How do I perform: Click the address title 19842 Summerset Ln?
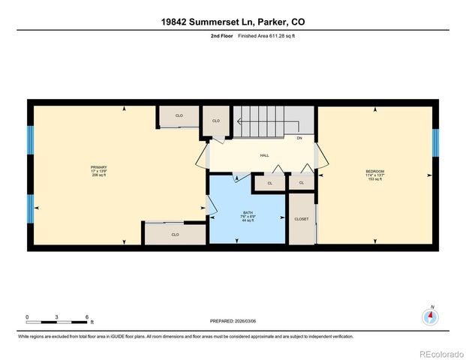[233, 22]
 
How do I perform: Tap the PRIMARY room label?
[98, 167]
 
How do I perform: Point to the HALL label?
[264, 155]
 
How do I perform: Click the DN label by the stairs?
[299, 138]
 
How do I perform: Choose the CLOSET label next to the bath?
[301, 219]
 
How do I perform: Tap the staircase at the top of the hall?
[274, 120]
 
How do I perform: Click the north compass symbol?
[430, 316]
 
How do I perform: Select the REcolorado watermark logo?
[440, 352]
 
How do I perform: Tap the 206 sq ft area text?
[98, 176]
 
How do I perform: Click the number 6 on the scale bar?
[88, 316]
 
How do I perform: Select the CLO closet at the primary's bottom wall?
[175, 234]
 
